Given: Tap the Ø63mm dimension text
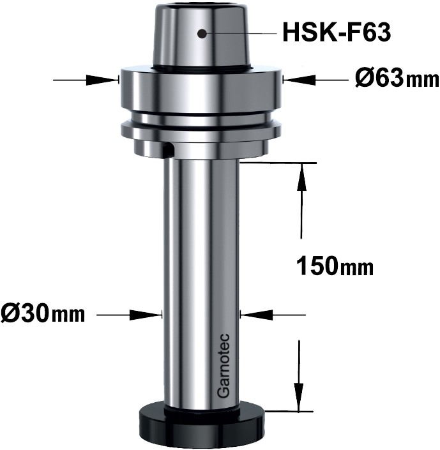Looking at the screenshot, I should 396,80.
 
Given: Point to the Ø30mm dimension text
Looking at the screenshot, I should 43,314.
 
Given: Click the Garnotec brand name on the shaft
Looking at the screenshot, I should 224,368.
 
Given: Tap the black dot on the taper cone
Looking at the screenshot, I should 202,33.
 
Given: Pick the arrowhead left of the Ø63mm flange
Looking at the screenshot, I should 109,80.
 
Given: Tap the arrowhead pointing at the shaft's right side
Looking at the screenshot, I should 252,314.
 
